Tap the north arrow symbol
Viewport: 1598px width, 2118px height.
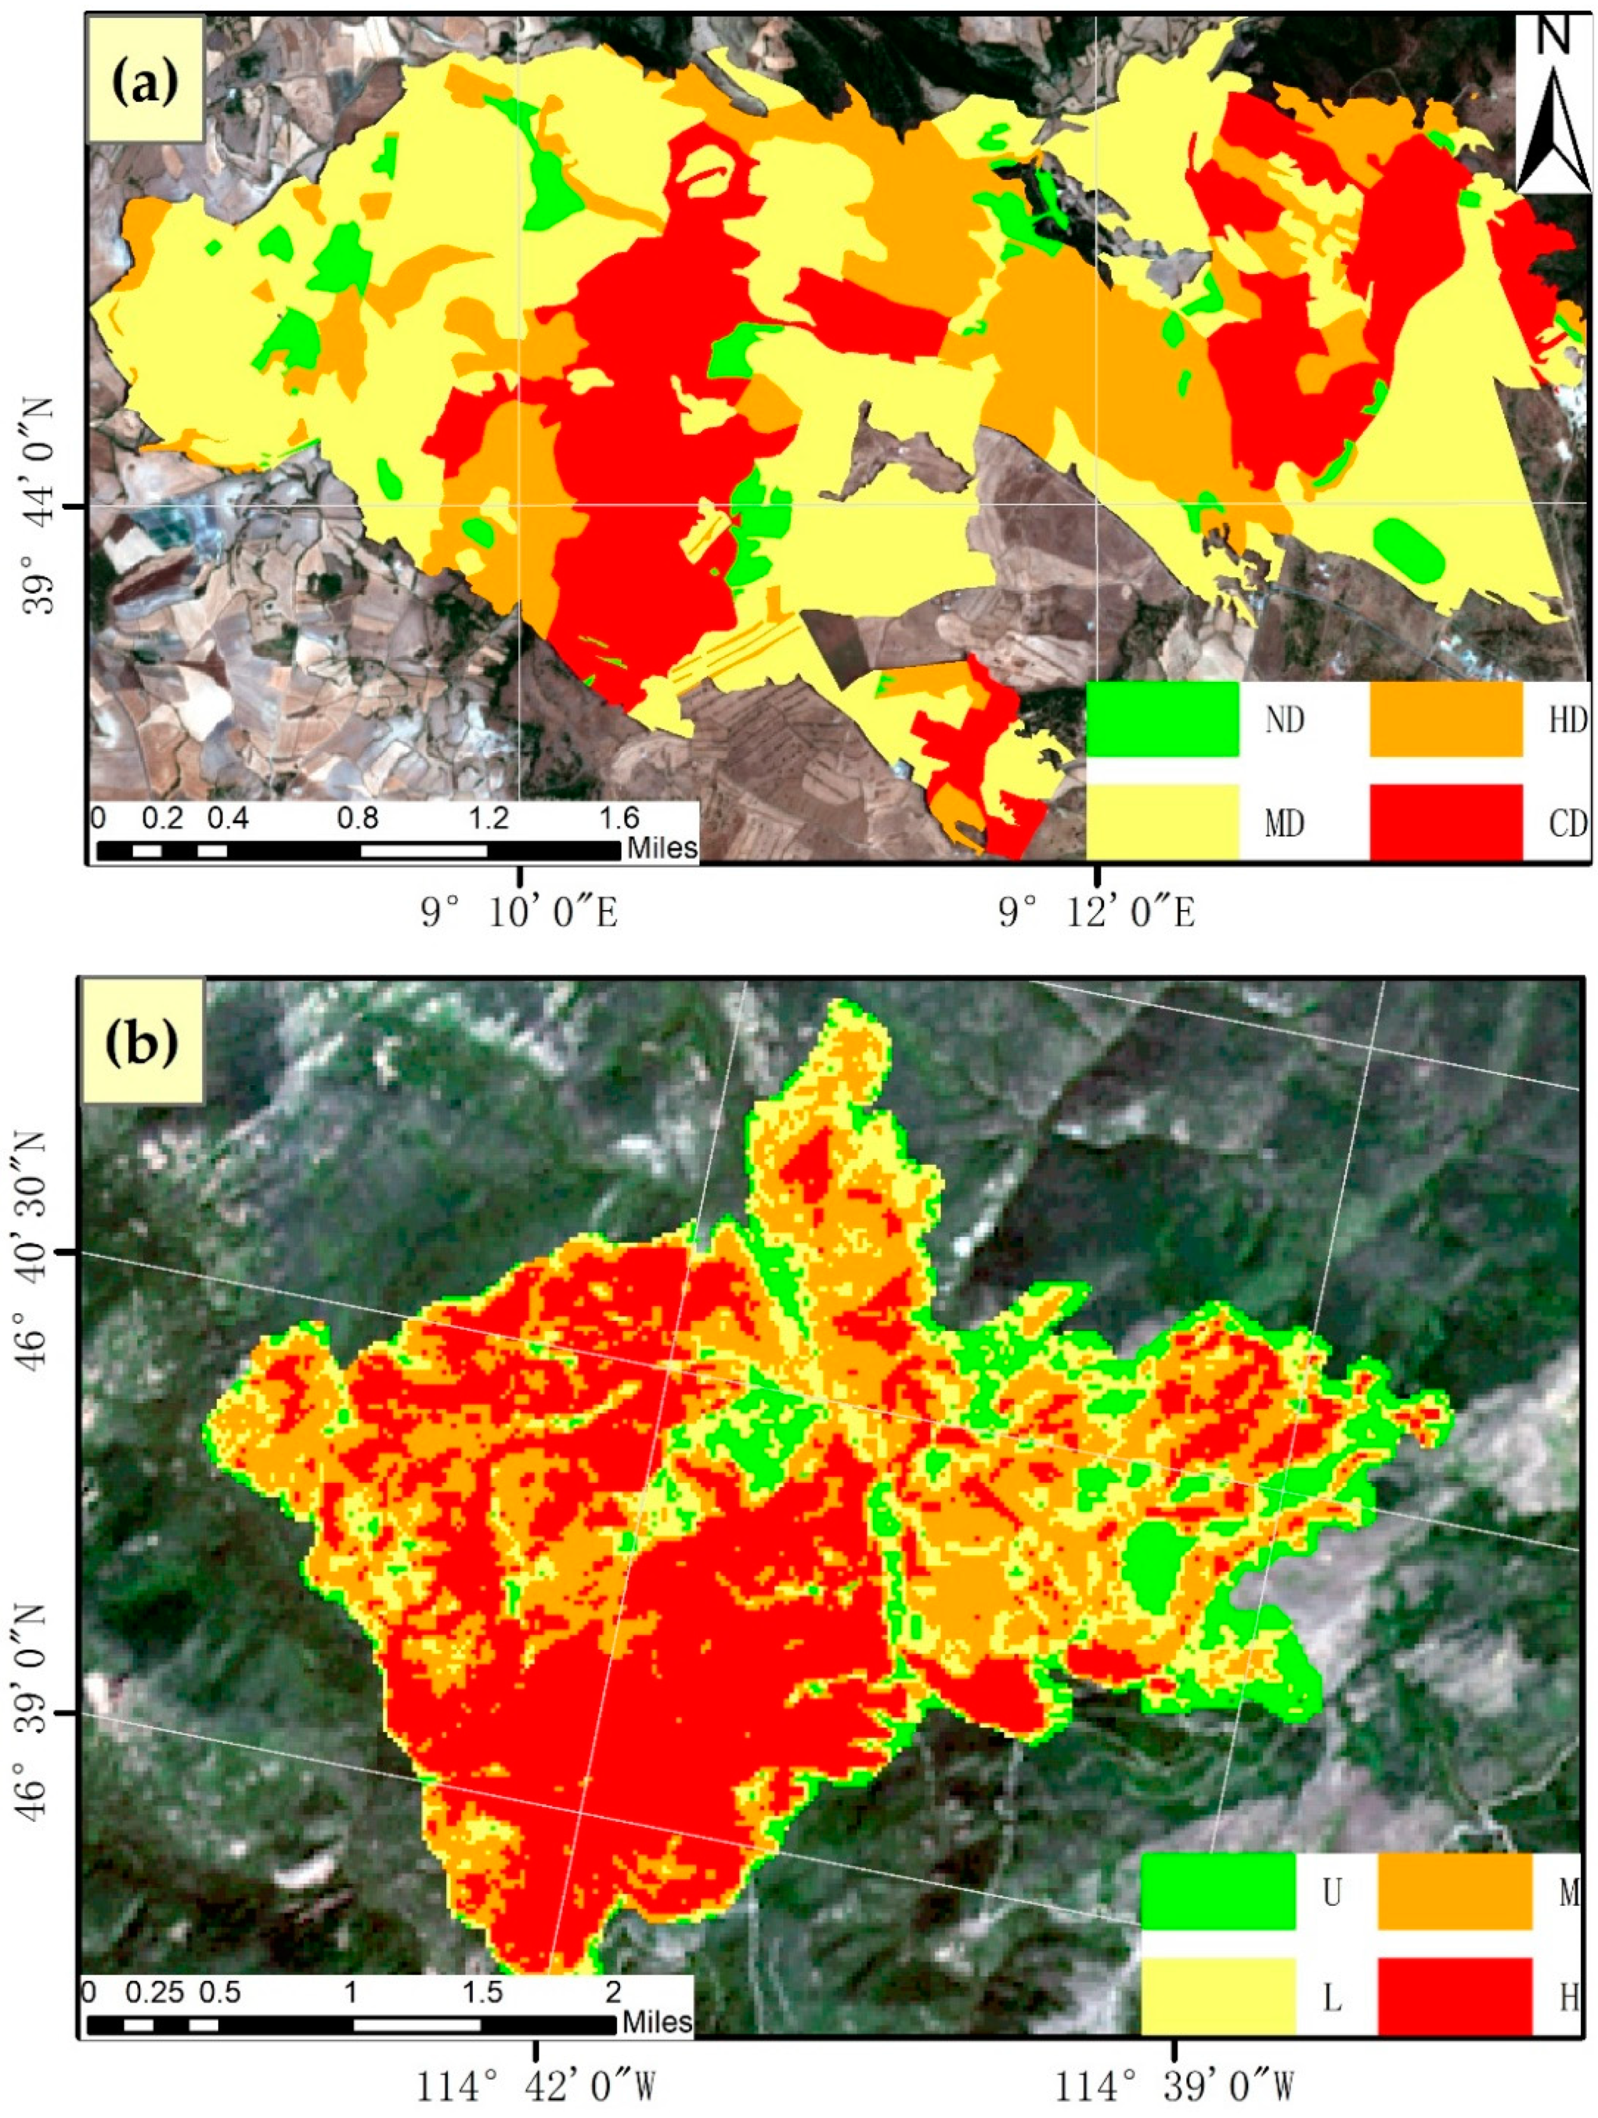click(x=1553, y=105)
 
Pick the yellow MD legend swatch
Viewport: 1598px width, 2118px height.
click(x=1162, y=821)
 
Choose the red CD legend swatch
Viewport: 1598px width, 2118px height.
click(x=1445, y=821)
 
